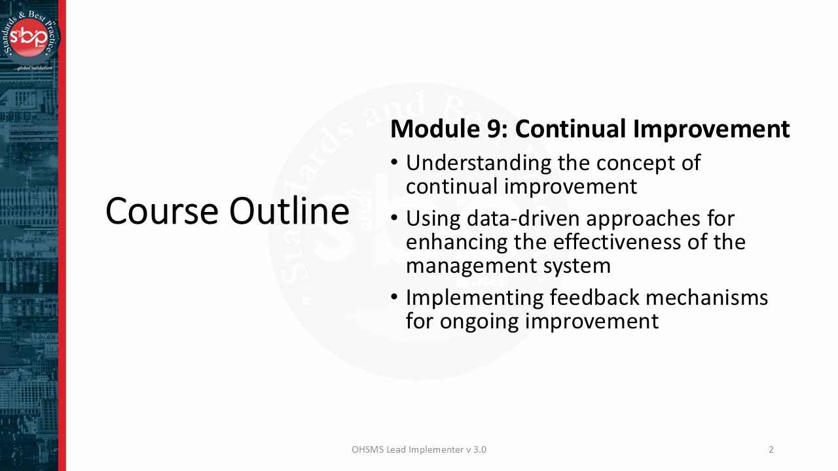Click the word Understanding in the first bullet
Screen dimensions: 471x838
[478, 163]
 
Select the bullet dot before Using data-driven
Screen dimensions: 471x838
[394, 217]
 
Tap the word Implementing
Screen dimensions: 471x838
[474, 298]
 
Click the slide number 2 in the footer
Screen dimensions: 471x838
[771, 449]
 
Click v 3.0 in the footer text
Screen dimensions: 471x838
[476, 449]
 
